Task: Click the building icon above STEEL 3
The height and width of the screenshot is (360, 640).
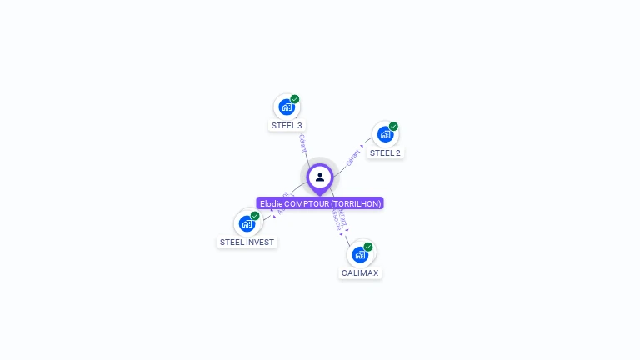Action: pyautogui.click(x=286, y=107)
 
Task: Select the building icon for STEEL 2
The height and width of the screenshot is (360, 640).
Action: pyautogui.click(x=384, y=134)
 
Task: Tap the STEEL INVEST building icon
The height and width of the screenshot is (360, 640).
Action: pyautogui.click(x=247, y=223)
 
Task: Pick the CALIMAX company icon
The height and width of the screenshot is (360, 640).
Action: pyautogui.click(x=359, y=254)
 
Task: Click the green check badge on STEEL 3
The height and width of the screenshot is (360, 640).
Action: pyautogui.click(x=295, y=99)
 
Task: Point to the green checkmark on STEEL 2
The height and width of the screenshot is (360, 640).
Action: pyautogui.click(x=393, y=127)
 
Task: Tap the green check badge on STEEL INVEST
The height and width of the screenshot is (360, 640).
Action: pyautogui.click(x=255, y=216)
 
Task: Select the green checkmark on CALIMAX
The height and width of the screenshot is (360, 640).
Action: pyautogui.click(x=368, y=247)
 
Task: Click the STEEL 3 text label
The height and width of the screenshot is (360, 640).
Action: pyautogui.click(x=287, y=126)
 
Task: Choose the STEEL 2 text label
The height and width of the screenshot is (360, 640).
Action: pyautogui.click(x=385, y=153)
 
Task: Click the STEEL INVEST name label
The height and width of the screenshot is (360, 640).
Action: pyautogui.click(x=247, y=242)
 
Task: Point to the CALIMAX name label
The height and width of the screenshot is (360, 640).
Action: pyautogui.click(x=360, y=273)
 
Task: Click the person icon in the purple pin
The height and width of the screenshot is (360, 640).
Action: pyautogui.click(x=320, y=177)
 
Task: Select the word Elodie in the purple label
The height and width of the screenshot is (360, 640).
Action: pyautogui.click(x=271, y=203)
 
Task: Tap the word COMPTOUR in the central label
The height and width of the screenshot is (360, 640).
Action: pyautogui.click(x=306, y=203)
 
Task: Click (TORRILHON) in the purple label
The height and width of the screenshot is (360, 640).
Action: pyautogui.click(x=356, y=203)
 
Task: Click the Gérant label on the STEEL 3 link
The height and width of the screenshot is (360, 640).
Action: pyautogui.click(x=302, y=142)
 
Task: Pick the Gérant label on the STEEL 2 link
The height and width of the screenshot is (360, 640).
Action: pyautogui.click(x=355, y=155)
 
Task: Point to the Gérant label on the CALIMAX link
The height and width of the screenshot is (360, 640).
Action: pyautogui.click(x=343, y=218)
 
